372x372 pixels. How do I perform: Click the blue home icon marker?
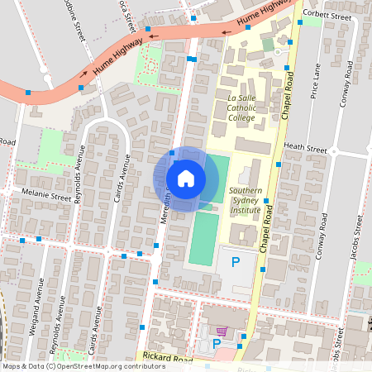pos(185,178)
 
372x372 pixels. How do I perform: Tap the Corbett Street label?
pos(322,12)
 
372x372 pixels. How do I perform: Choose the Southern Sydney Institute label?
pos(246,201)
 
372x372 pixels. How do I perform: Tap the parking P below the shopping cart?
pos(217,343)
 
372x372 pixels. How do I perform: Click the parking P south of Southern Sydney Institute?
pos(236,263)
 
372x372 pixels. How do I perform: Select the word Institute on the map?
pos(246,210)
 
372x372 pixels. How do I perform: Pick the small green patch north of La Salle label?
pos(267,44)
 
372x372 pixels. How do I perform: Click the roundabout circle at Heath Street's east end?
pos(336,150)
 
